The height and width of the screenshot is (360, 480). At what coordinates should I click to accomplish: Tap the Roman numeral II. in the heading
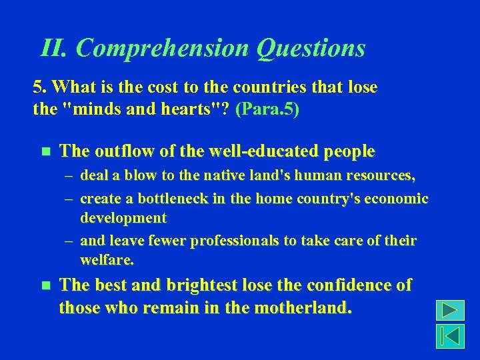(54, 48)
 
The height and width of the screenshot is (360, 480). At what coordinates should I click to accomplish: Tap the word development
(123, 218)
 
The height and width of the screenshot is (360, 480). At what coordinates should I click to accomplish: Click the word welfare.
(106, 259)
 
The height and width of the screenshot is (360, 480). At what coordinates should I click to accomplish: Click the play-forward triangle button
(450, 311)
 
